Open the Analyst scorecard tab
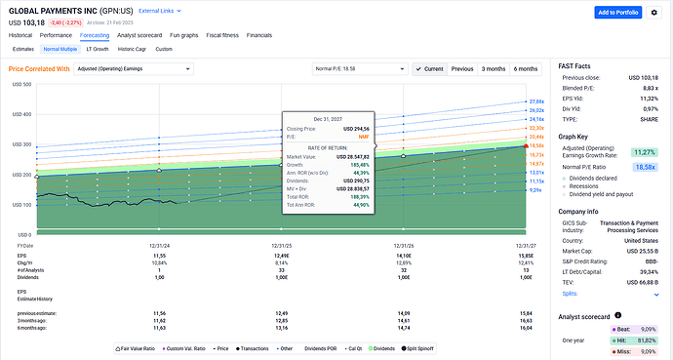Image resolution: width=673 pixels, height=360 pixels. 138,34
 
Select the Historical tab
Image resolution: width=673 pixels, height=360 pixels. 20,34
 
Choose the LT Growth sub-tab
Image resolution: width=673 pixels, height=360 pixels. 98,48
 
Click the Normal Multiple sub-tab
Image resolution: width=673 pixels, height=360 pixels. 60,48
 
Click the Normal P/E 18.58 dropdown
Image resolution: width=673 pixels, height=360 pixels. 358,69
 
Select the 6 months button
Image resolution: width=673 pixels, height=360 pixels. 525,69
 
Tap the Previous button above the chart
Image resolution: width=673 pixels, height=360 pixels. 462,69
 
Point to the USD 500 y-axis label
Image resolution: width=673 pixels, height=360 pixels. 20,84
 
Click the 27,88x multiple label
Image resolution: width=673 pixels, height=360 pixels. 535,101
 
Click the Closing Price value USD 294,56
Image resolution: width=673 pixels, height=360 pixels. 362,127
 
